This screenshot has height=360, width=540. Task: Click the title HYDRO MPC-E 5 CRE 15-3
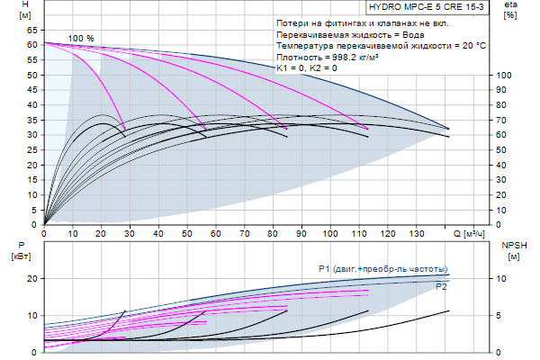point(420,7)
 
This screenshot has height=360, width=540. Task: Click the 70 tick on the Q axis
point(245,234)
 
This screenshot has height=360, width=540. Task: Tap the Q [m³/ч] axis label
point(470,234)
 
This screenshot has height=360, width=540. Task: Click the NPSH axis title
point(510,245)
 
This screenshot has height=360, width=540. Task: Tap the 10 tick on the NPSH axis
point(506,279)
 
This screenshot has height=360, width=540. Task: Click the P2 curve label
point(441,287)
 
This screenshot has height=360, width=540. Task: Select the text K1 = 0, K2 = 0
point(307,68)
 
